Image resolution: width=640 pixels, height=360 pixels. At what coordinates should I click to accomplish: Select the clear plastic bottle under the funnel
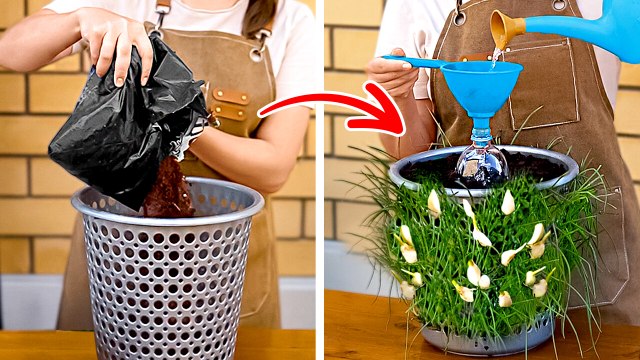(x=482, y=160)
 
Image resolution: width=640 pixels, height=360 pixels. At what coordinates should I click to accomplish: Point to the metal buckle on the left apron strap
(x=161, y=12)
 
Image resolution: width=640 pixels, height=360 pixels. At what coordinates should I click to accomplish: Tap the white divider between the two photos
(x=320, y=180)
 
